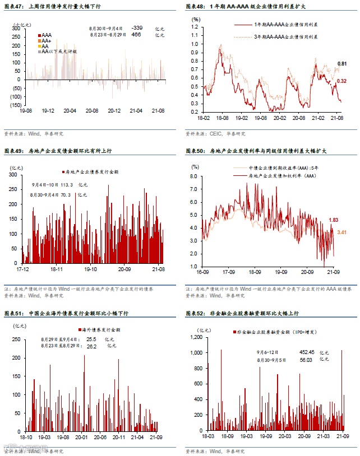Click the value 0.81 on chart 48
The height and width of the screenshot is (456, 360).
pos(341,63)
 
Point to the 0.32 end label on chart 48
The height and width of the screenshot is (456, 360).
pos(341,81)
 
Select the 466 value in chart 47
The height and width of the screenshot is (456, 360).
pos(136,35)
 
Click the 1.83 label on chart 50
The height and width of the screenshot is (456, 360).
pos(334,219)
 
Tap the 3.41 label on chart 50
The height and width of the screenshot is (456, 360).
pos(341,232)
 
